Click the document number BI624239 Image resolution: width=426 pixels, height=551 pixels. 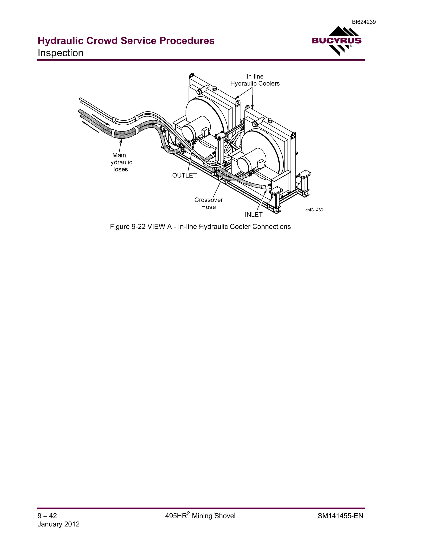[364, 22]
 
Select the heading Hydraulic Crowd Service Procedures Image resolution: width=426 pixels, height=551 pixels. [126, 41]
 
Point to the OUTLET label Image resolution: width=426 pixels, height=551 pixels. [184, 175]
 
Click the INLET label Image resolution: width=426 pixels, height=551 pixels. [254, 214]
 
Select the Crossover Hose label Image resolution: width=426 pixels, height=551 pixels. [208, 203]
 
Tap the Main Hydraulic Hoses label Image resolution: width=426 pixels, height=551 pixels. [119, 162]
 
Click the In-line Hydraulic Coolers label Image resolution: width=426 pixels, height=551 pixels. [255, 80]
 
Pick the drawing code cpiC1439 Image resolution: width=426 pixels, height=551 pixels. [314, 210]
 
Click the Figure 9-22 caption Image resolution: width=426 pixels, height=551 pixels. [200, 227]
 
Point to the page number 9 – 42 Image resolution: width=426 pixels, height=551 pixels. [47, 516]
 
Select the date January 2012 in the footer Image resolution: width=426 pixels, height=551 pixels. [58, 524]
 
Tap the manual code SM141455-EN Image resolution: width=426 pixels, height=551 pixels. [340, 516]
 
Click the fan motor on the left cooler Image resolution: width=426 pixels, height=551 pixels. [196, 129]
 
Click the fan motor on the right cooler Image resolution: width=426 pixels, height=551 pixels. [251, 160]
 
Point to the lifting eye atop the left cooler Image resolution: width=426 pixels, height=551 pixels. [192, 75]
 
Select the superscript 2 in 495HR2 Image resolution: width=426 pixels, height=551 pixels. [188, 513]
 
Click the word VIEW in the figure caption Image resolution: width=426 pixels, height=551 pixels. [155, 227]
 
